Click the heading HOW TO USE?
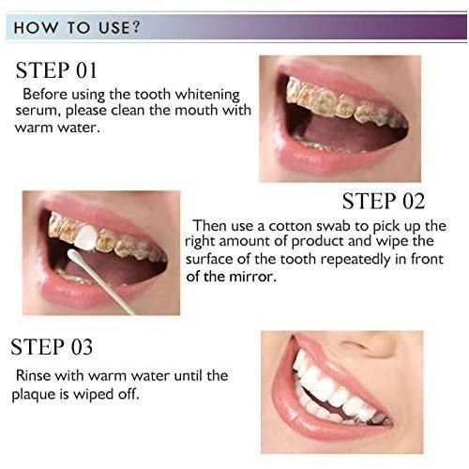click(x=77, y=27)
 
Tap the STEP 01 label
click(x=56, y=70)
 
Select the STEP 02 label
click(x=384, y=201)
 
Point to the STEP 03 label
click(x=52, y=347)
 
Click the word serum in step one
click(x=37, y=111)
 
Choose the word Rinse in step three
click(x=33, y=375)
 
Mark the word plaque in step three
click(x=32, y=395)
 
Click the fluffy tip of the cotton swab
click(x=75, y=257)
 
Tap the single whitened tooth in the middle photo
click(x=86, y=236)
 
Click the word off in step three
click(x=129, y=394)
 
